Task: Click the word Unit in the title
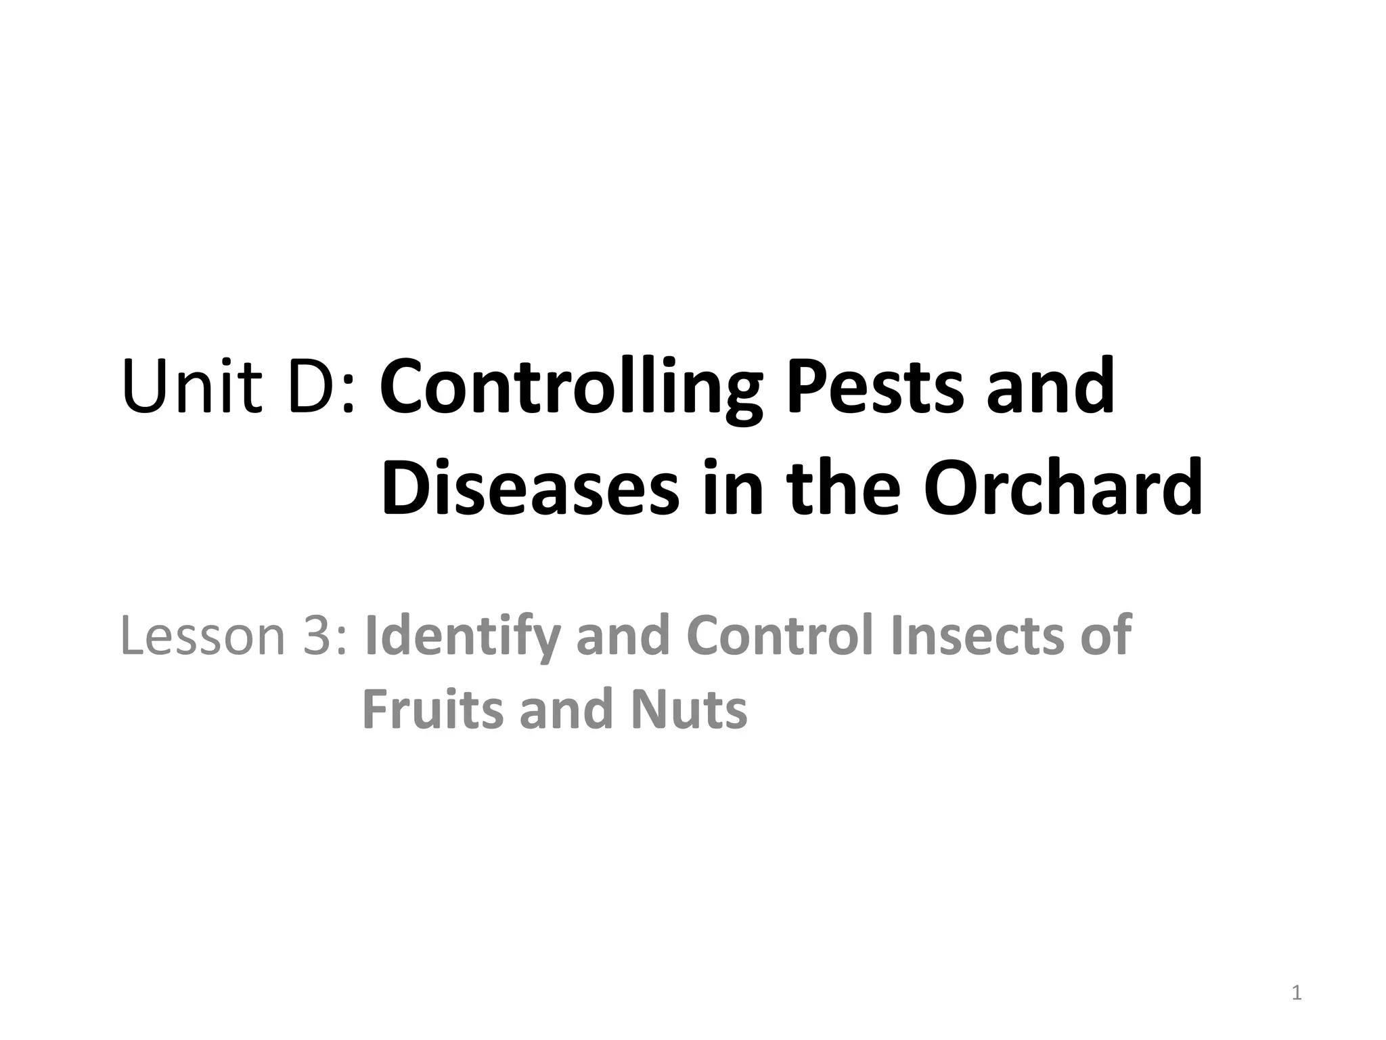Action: (192, 387)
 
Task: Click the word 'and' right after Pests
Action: (1050, 387)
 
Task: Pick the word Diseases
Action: (530, 487)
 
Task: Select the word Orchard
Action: (1063, 487)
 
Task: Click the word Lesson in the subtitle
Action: (203, 636)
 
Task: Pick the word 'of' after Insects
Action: (1106, 636)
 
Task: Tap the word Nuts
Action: (689, 709)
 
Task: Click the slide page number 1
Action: (1296, 993)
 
